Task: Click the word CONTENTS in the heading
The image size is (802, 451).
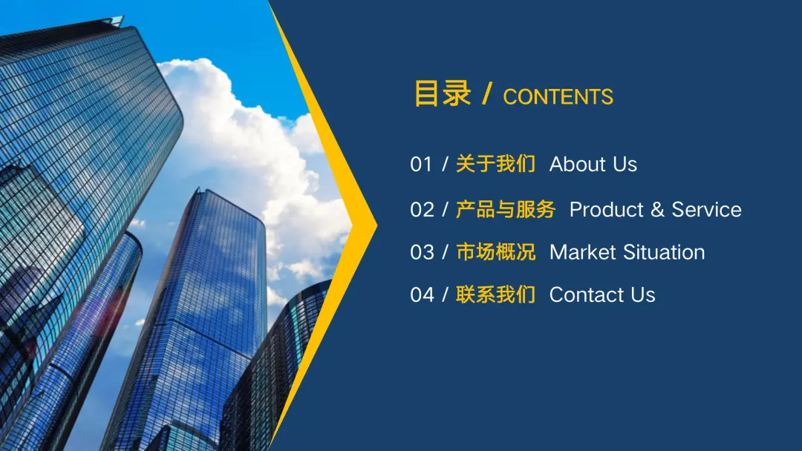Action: [x=558, y=96]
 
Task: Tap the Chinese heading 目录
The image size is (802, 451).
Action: [x=443, y=93]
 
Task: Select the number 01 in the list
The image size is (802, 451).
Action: [x=421, y=164]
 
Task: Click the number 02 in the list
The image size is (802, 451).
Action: [x=422, y=209]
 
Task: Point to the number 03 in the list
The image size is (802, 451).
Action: [x=422, y=252]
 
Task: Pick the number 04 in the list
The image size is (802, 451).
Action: [x=422, y=294]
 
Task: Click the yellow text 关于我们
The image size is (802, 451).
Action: [x=495, y=164]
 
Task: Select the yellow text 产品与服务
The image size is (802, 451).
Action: [x=506, y=209]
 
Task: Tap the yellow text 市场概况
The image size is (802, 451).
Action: [x=495, y=252]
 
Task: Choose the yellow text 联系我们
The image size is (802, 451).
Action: [x=495, y=294]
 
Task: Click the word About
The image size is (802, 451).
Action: [x=578, y=164]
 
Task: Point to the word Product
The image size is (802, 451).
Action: [x=606, y=209]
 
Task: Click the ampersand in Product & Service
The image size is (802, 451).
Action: [x=657, y=209]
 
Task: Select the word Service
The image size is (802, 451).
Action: [x=706, y=209]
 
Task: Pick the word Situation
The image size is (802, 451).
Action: [x=664, y=252]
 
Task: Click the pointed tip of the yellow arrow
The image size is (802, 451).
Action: [x=376, y=224]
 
